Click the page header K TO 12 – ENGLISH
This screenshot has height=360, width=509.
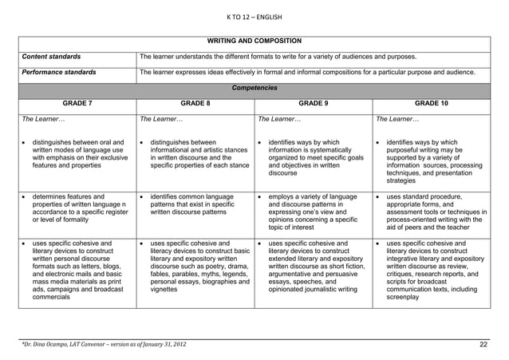pyautogui.click(x=254, y=18)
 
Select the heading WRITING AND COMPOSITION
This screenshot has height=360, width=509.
pyautogui.click(x=254, y=40)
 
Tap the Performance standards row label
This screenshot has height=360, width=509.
pyautogui.click(x=58, y=73)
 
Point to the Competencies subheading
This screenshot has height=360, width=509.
pyautogui.click(x=254, y=88)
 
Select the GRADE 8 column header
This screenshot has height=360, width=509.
pyautogui.click(x=195, y=103)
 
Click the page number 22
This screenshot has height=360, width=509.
pyautogui.click(x=483, y=344)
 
